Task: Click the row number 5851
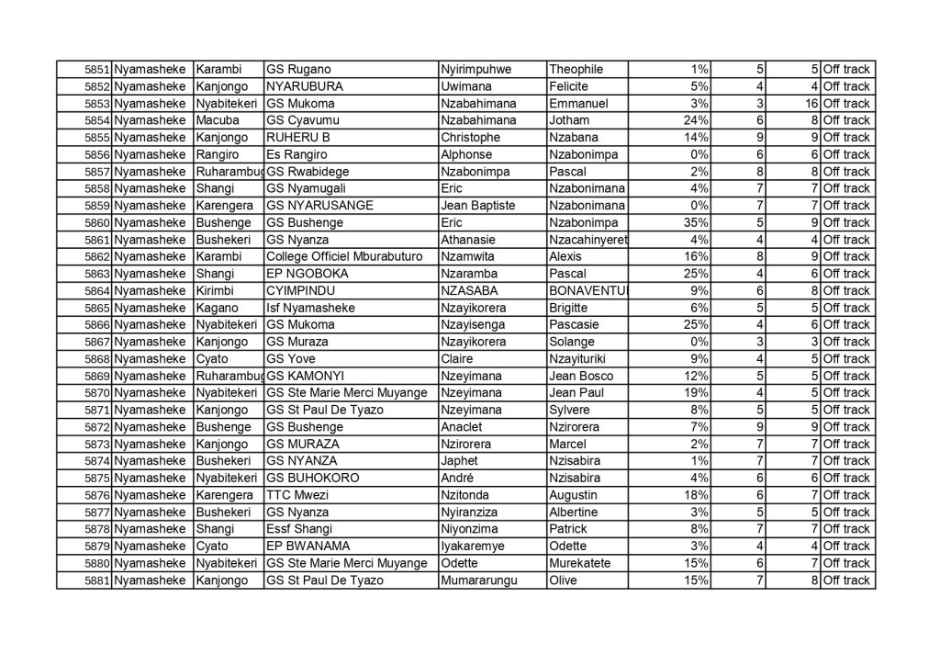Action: coord(96,70)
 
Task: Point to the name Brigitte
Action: coord(574,308)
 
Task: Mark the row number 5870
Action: coord(96,393)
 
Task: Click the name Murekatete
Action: coord(583,563)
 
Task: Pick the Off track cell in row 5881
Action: coord(845,580)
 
